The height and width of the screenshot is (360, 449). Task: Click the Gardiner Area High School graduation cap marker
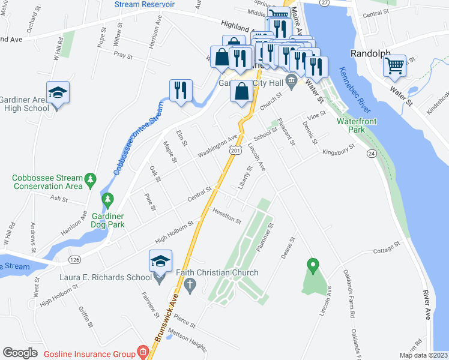(x=58, y=93)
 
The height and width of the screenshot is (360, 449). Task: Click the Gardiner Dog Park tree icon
(x=108, y=199)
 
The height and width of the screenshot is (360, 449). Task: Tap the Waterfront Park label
(x=357, y=125)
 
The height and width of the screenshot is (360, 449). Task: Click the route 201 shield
(x=235, y=151)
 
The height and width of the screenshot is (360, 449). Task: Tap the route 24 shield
(x=372, y=154)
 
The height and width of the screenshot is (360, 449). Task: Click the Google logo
(x=20, y=353)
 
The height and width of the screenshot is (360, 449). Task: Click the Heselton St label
(x=226, y=215)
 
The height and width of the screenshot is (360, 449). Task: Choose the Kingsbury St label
(x=338, y=149)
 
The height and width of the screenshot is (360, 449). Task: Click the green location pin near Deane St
(x=312, y=265)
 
